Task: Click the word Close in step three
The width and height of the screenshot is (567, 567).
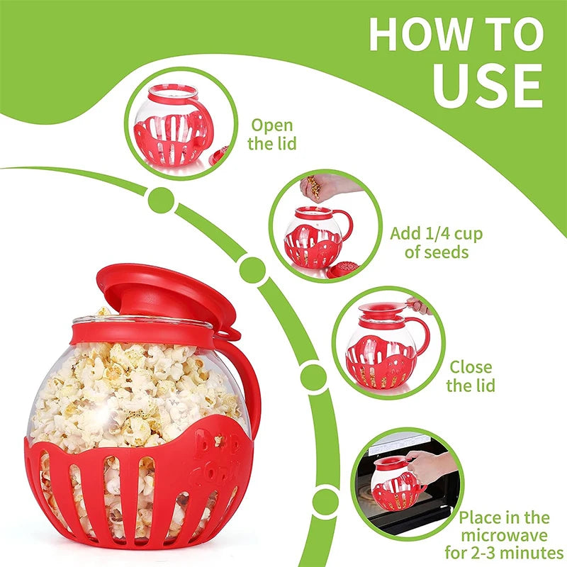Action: coord(471,367)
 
